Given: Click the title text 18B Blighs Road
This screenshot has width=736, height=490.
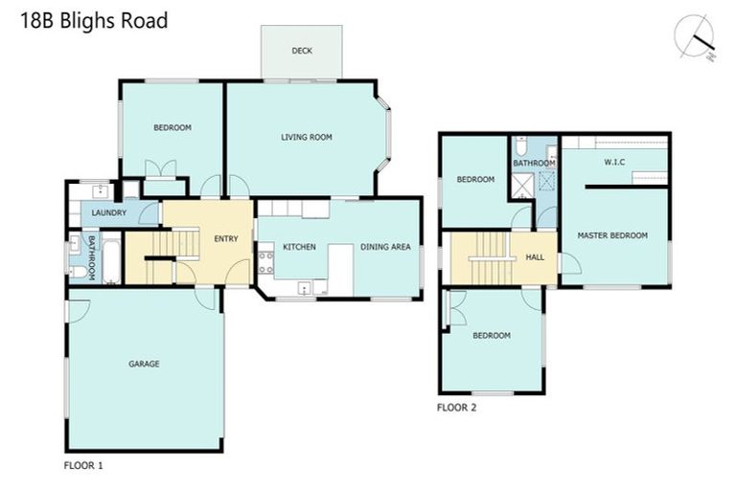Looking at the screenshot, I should click(94, 20).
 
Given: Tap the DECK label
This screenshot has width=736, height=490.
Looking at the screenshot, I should click(302, 52).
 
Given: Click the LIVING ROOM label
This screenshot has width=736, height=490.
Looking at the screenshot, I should click(307, 137).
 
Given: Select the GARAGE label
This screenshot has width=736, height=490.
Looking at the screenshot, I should click(144, 364).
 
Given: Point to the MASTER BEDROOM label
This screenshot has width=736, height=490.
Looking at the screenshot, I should click(612, 235).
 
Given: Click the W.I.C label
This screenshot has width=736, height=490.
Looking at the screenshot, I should click(614, 162).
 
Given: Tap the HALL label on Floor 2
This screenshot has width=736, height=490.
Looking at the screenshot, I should click(535, 258).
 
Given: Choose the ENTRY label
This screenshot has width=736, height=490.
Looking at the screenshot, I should click(226, 238).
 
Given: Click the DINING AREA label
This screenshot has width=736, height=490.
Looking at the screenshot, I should click(385, 247).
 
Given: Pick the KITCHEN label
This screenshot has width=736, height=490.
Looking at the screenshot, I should click(299, 247).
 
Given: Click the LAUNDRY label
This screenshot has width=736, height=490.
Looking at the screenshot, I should click(109, 212).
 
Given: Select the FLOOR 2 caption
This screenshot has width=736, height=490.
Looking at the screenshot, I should click(456, 407).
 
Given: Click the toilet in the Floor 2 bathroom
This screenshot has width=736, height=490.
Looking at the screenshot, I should click(520, 146).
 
